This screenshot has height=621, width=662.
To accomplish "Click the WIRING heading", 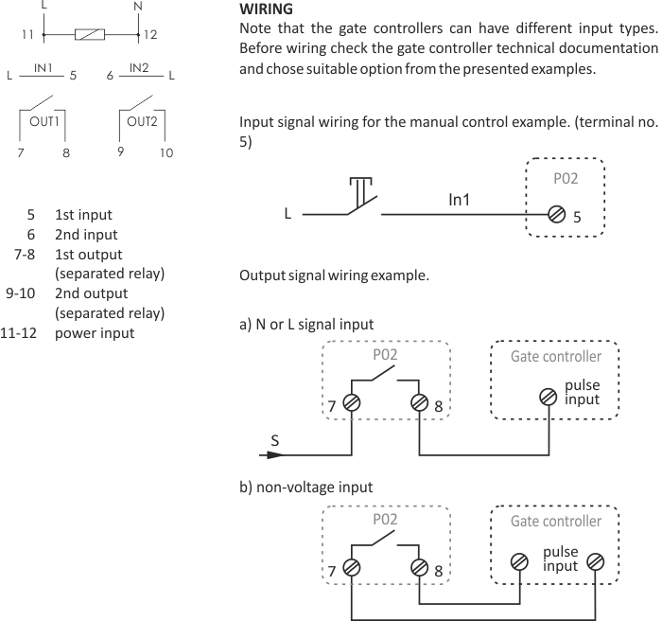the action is [x=266, y=9].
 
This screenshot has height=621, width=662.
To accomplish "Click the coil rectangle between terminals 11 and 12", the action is [x=90, y=35].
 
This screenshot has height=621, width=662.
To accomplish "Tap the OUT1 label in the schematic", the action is [x=44, y=122].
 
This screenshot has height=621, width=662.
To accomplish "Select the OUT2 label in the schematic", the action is [x=142, y=122].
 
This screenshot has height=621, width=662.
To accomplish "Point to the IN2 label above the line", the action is [x=139, y=67].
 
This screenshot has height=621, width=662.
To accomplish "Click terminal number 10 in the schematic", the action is [x=166, y=152].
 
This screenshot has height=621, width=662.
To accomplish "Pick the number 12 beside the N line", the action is [x=150, y=35].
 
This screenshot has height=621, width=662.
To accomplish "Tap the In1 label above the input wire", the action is [x=459, y=200].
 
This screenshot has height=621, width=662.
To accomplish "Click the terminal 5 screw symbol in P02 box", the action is [x=556, y=214].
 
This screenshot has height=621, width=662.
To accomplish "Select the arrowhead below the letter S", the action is [x=273, y=455].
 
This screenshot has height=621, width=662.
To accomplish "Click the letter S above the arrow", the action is [x=275, y=440].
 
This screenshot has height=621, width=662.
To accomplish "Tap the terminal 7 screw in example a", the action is [x=351, y=402].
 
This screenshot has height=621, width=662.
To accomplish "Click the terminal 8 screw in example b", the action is [x=419, y=567].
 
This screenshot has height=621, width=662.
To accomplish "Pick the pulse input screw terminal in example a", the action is [x=549, y=398].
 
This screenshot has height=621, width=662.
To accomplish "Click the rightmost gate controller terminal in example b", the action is [x=595, y=562].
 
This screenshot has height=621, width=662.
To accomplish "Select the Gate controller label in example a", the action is [x=556, y=356].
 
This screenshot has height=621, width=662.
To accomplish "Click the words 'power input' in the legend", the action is [x=95, y=333].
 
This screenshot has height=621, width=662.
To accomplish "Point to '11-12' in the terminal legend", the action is [x=19, y=333].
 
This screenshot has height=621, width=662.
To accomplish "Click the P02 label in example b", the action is [x=385, y=520].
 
